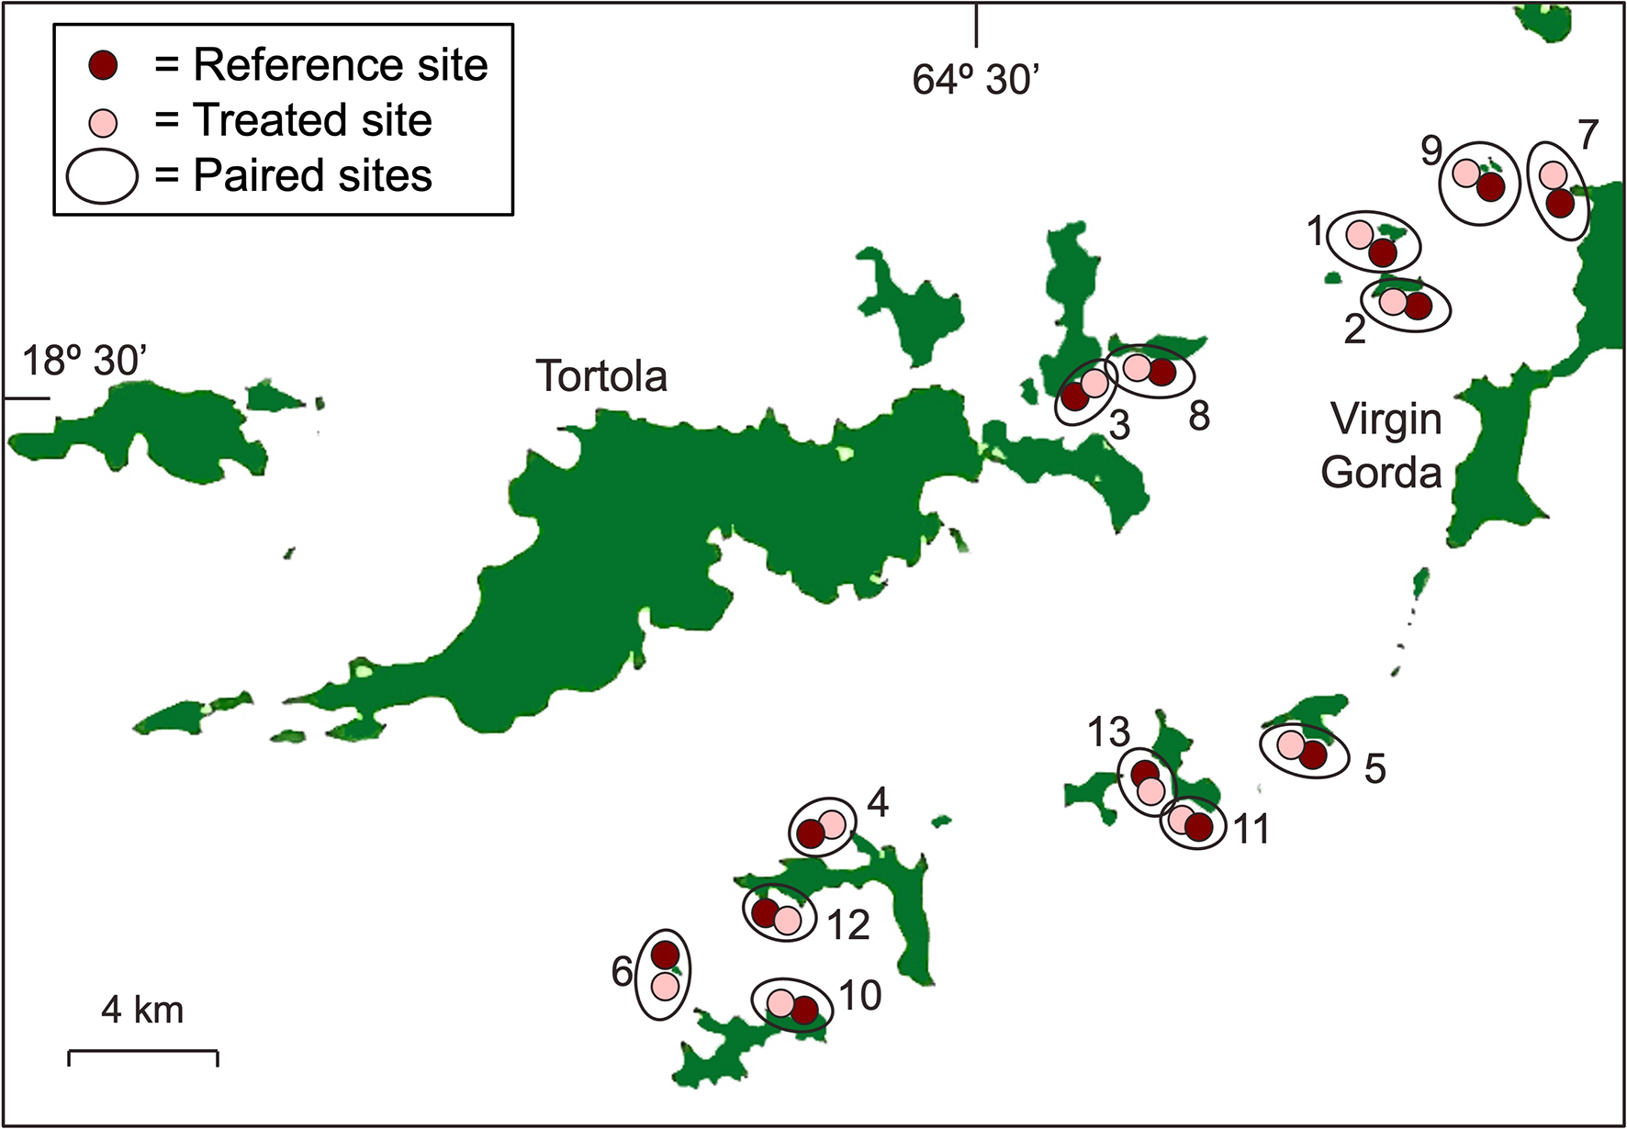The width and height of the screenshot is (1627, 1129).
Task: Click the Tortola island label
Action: pos(601,376)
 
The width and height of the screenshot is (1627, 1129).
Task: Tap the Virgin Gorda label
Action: pos(1384,446)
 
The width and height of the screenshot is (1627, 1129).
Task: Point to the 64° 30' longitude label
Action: pos(975,81)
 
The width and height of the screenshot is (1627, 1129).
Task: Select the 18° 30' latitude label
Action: pos(84,361)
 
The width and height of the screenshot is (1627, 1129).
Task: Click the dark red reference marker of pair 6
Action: pos(665,955)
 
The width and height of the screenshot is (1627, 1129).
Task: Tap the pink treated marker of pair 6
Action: pos(665,986)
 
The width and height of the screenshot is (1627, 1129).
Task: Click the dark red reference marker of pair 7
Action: pos(1560,203)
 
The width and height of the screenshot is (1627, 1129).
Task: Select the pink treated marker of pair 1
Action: pos(1360,234)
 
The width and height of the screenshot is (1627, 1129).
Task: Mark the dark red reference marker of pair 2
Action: pos(1418,306)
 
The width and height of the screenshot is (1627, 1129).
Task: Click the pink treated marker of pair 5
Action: pos(1290,744)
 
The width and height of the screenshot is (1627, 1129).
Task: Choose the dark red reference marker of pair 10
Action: pos(804,1010)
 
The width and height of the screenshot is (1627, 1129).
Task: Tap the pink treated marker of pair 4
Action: pos(832,824)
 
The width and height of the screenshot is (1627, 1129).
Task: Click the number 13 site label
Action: pos(1108,732)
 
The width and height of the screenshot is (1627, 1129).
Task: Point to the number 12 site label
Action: pos(847,925)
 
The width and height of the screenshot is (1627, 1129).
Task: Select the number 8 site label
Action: pos(1199,417)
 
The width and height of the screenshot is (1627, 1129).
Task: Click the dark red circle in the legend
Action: pos(104,65)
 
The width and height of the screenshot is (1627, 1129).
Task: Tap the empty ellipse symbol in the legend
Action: pos(102,175)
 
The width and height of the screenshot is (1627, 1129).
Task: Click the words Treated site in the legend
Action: pos(312,120)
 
